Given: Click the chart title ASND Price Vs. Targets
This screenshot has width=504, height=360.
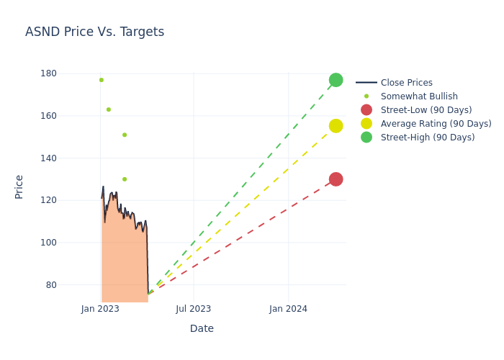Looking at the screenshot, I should pos(94,32).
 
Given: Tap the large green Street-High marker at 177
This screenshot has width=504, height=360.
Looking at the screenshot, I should pos(336,80).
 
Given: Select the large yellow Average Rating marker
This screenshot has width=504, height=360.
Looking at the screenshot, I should pos(336,126).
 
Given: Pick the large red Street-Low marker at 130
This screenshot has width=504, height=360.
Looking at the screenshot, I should pos(336,179).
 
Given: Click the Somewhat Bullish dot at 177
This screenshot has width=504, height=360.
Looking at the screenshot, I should pos(102,80).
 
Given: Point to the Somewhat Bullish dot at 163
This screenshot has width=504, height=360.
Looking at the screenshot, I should pos(109,109).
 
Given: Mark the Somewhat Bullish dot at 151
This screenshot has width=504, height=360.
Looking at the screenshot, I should pos(125,135).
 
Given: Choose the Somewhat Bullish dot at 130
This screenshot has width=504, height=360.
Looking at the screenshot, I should pos(125,179).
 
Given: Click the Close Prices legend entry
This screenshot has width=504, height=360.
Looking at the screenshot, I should pos(406,83).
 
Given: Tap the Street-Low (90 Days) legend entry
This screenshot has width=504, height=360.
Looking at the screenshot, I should pos(426,110).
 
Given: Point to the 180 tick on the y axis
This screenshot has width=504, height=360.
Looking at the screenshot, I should pos(49,73).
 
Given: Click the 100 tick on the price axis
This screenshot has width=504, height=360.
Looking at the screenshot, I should pos(49,243).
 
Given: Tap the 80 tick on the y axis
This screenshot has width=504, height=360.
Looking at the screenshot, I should pos(51,285).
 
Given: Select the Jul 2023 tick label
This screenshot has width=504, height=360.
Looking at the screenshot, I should pos(194,309).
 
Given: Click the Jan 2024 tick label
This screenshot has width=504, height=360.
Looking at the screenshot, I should pos(288,309).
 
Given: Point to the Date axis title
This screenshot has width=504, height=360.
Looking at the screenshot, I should pos(202,328).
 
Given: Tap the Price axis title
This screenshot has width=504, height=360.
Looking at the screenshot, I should pos(19,186).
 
